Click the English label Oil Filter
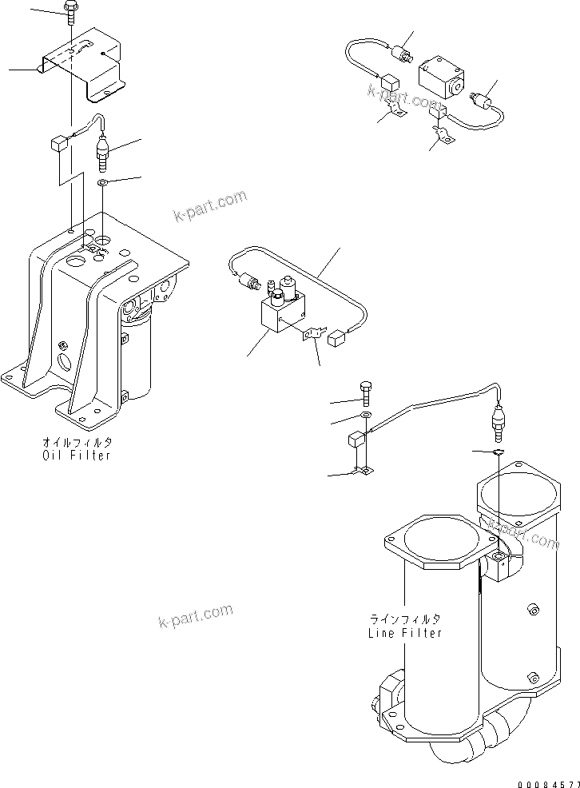pos(77,455)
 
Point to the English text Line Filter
pos(404,632)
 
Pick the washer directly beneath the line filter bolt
pos(365,416)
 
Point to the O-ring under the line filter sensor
pos(496,452)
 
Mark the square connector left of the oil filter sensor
pos(58,144)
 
